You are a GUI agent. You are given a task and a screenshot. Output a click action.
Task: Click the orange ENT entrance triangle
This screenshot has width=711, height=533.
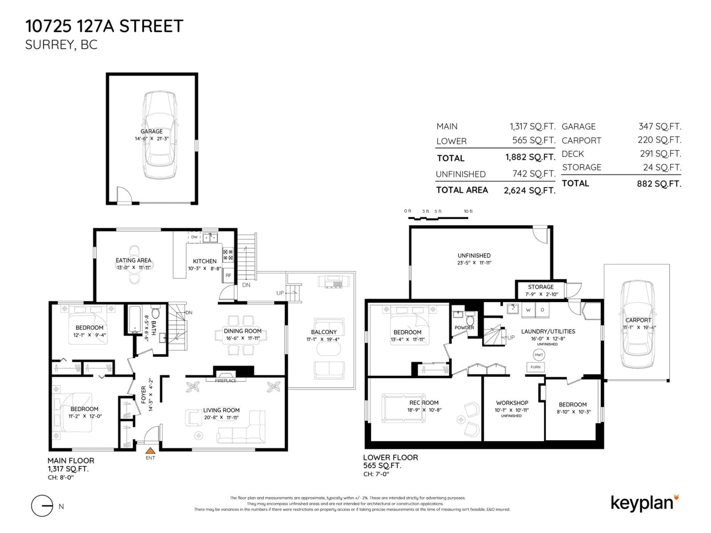[x=150, y=451]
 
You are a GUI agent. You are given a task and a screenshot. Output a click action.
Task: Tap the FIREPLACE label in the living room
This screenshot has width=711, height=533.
[x=226, y=380]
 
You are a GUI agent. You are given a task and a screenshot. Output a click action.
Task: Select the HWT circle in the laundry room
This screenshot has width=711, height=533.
[x=539, y=355]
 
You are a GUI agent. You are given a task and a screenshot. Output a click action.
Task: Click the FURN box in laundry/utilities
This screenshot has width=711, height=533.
[x=535, y=367]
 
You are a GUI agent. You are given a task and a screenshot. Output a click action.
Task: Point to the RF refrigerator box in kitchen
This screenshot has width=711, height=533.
[x=228, y=275]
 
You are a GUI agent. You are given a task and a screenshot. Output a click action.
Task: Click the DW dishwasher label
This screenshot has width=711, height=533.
[x=194, y=237]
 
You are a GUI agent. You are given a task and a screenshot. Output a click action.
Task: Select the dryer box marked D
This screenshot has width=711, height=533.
[x=542, y=310]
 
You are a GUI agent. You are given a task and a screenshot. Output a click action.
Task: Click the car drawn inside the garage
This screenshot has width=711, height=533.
[x=160, y=135]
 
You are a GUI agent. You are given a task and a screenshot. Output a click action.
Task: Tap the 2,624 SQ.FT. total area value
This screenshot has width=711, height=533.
[x=529, y=190]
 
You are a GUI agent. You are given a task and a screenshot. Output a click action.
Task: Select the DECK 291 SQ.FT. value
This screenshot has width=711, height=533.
[x=660, y=154]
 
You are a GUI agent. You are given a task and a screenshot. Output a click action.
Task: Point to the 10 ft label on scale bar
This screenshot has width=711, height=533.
[x=468, y=211]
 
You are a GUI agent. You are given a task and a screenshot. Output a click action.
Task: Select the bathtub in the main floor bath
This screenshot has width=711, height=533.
[x=135, y=320]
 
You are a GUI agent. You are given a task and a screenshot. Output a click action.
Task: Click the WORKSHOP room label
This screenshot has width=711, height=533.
[x=512, y=403]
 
